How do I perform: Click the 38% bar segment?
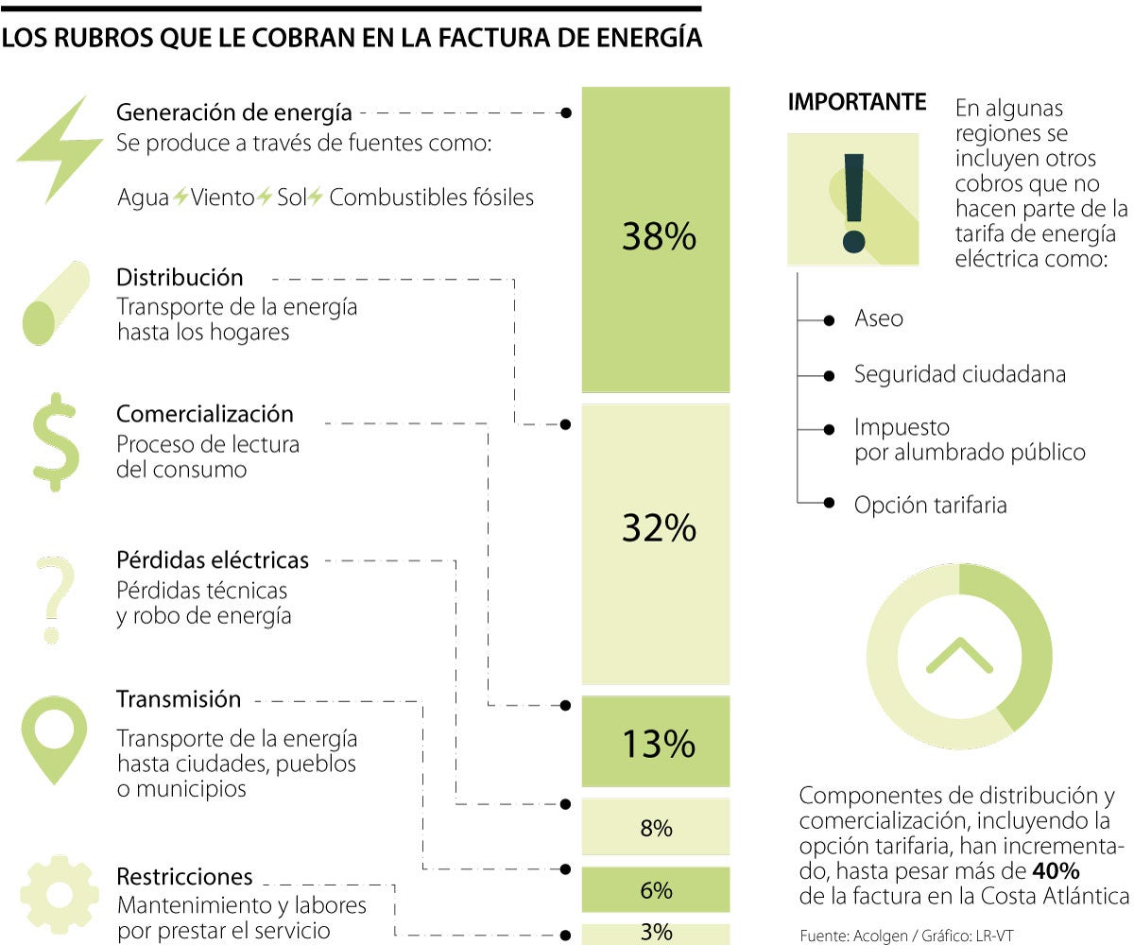tap(656, 238)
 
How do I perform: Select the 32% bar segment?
tap(656, 543)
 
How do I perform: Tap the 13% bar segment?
tap(656, 742)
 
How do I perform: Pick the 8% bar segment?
tap(656, 828)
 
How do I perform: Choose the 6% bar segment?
tap(656, 889)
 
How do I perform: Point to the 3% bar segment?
tap(656, 932)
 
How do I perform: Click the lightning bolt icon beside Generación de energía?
tap(59, 148)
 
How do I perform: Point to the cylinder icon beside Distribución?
tap(56, 303)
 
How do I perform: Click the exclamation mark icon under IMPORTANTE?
tap(853, 199)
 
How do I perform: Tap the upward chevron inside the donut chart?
tap(959, 655)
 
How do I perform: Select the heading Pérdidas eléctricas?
tap(213, 560)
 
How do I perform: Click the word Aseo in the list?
tap(879, 319)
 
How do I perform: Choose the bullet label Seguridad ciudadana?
tap(960, 374)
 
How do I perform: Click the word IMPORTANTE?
tap(857, 102)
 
